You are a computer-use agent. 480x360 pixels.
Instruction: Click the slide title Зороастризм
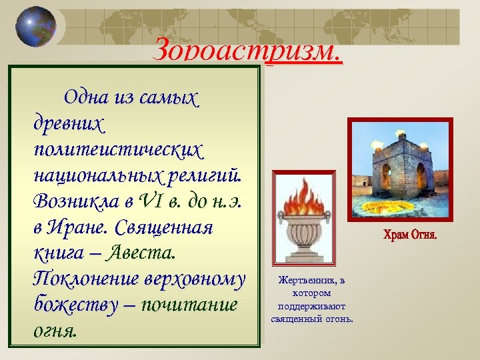click(x=247, y=50)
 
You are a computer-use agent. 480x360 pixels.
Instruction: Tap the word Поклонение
click(x=79, y=279)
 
